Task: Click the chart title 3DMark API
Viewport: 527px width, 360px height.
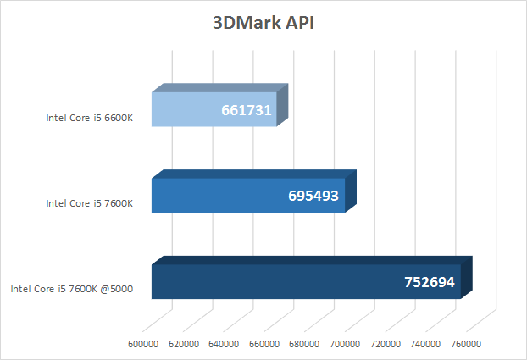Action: pyautogui.click(x=263, y=23)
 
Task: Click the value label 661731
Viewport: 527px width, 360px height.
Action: pyautogui.click(x=247, y=110)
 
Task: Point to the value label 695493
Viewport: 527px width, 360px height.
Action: pyautogui.click(x=313, y=197)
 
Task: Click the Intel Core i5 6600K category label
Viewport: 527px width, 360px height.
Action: pyautogui.click(x=89, y=118)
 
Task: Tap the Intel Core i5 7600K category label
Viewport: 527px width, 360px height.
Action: pyautogui.click(x=89, y=203)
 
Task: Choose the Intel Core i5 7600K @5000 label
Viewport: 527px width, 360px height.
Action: pyautogui.click(x=71, y=290)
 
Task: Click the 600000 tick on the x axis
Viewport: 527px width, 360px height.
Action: pyautogui.click(x=143, y=344)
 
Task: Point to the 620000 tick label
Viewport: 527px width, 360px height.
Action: pyautogui.click(x=184, y=344)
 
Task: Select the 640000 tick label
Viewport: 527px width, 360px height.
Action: pyautogui.click(x=224, y=344)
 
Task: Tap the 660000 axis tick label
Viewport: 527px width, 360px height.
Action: pyautogui.click(x=264, y=344)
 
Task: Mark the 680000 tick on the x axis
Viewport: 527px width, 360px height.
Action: pyautogui.click(x=304, y=344)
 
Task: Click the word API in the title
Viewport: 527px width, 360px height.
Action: pyautogui.click(x=299, y=23)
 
